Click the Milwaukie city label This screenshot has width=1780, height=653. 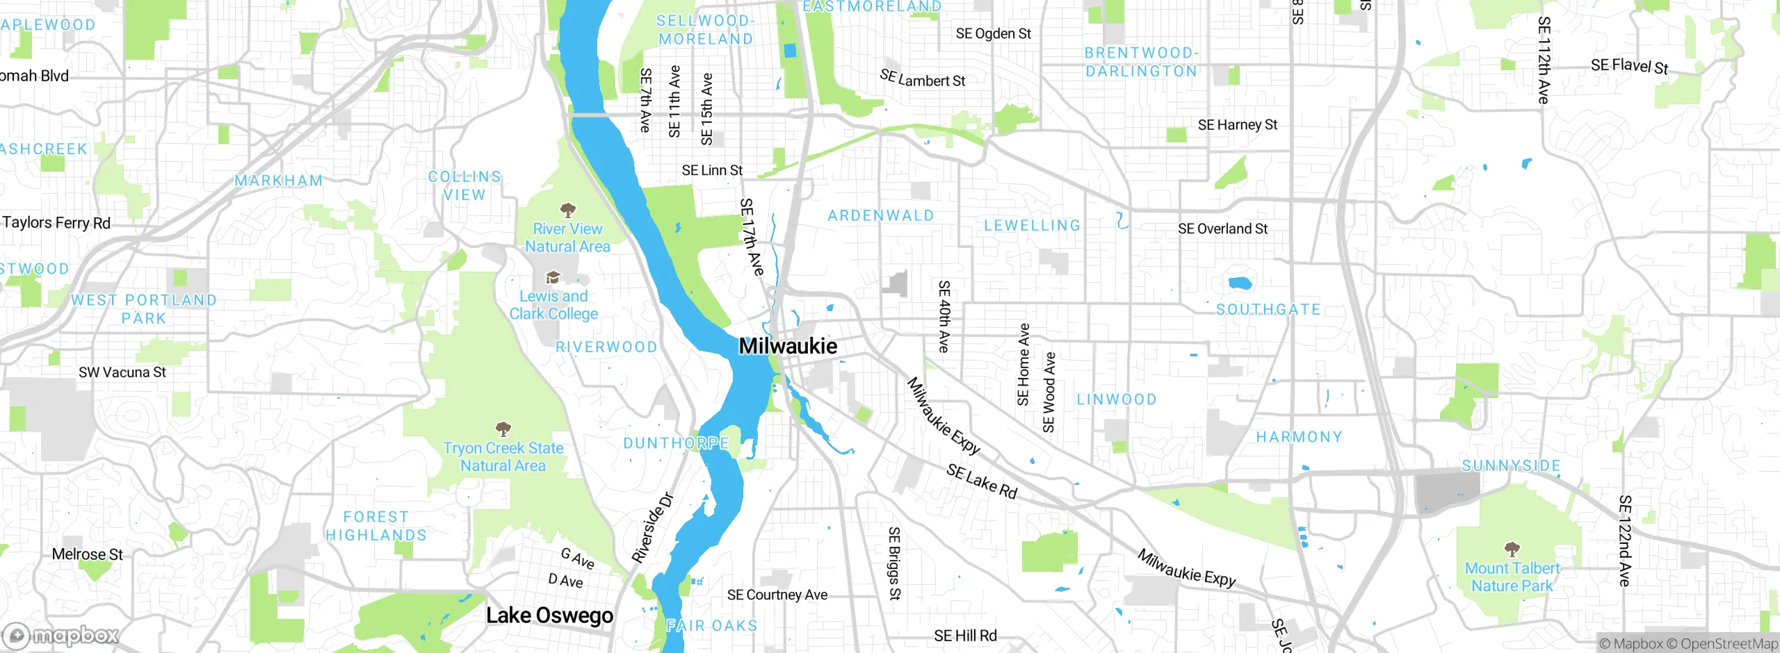(x=788, y=346)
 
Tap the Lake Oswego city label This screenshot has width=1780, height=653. (x=549, y=615)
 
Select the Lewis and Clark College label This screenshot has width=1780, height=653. (x=553, y=305)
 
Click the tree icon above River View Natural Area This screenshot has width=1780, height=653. (x=567, y=209)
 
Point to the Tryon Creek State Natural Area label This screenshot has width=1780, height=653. (x=503, y=457)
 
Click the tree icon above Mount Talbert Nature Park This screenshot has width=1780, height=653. (x=1512, y=549)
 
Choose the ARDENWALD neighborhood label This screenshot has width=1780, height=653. (x=880, y=216)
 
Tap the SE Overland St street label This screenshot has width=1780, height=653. (x=1222, y=229)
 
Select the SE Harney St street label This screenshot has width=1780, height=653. (x=1237, y=125)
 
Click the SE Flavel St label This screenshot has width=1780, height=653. (x=1629, y=66)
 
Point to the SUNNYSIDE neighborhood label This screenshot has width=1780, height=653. (x=1511, y=465)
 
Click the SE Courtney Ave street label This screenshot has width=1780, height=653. (x=777, y=595)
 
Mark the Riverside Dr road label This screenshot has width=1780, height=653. (x=652, y=528)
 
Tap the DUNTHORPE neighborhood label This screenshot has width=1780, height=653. (x=676, y=443)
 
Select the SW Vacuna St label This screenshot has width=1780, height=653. (x=122, y=372)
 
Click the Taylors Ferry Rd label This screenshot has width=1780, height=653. (x=56, y=223)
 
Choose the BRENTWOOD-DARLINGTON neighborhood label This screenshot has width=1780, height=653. (x=1141, y=62)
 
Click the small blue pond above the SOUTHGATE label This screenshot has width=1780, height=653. (x=1240, y=283)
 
